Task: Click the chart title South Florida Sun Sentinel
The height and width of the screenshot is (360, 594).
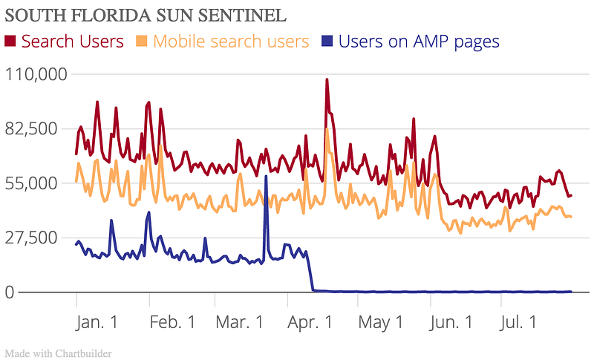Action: click(146, 16)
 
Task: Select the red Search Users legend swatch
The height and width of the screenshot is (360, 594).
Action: click(10, 41)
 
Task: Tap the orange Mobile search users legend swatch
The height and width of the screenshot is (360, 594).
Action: click(141, 41)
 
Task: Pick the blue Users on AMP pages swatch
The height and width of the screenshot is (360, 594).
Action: click(327, 41)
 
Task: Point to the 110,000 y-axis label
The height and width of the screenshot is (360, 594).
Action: click(36, 74)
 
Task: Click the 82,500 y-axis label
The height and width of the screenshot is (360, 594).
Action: click(31, 129)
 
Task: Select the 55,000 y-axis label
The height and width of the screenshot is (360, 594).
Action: click(31, 183)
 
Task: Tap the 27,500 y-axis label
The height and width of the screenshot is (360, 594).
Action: click(31, 238)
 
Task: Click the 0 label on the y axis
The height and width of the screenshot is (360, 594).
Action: click(10, 292)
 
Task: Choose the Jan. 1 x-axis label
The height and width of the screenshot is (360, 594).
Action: click(97, 322)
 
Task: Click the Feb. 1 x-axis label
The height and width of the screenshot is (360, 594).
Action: click(173, 322)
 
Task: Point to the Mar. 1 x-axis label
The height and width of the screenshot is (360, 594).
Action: click(239, 322)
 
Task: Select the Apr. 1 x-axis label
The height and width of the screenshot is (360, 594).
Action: click(310, 322)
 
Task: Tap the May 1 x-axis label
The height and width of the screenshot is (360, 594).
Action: click(381, 323)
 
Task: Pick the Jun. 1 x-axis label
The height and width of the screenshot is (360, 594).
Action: click(451, 322)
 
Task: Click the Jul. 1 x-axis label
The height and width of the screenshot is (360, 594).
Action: click(518, 322)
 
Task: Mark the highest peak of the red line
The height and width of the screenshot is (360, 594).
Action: click(327, 79)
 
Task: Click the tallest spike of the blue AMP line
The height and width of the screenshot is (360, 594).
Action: click(266, 177)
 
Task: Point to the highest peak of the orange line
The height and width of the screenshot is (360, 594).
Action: click(327, 129)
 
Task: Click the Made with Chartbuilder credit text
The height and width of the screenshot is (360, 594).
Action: click(59, 353)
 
